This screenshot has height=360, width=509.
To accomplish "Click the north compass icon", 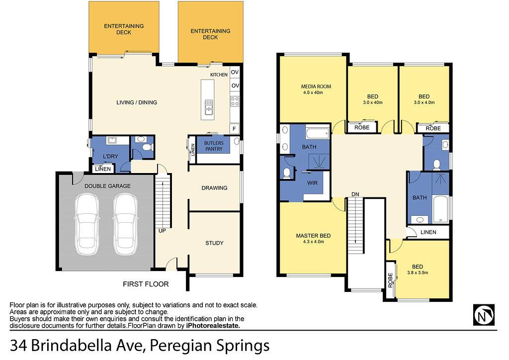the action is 484,315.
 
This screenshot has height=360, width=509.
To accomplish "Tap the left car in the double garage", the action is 87,224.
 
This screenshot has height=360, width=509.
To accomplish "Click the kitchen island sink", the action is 208,107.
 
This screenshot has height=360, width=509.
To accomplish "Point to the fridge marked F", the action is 234,129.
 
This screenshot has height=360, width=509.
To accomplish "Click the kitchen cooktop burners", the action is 235,101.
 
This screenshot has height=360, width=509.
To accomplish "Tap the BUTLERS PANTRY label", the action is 214,146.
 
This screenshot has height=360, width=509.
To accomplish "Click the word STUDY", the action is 214,243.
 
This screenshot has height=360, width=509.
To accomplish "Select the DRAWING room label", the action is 214,188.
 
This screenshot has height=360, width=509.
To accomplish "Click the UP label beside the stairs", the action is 162,231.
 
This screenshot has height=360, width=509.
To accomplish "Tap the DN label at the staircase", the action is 355,194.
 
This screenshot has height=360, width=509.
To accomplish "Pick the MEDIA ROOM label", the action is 316,87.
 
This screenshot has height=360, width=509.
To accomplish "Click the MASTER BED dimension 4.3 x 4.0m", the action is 313,242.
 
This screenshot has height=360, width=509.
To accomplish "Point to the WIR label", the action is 312,183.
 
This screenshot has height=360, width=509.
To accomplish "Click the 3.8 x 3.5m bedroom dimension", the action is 418,272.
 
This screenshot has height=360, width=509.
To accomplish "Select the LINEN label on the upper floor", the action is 428,232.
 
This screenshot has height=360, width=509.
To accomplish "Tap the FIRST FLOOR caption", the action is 146,284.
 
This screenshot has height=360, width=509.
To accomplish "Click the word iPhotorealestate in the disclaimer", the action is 213,326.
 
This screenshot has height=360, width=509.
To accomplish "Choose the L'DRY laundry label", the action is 110,157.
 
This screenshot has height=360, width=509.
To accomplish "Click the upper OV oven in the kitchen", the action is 235,72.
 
